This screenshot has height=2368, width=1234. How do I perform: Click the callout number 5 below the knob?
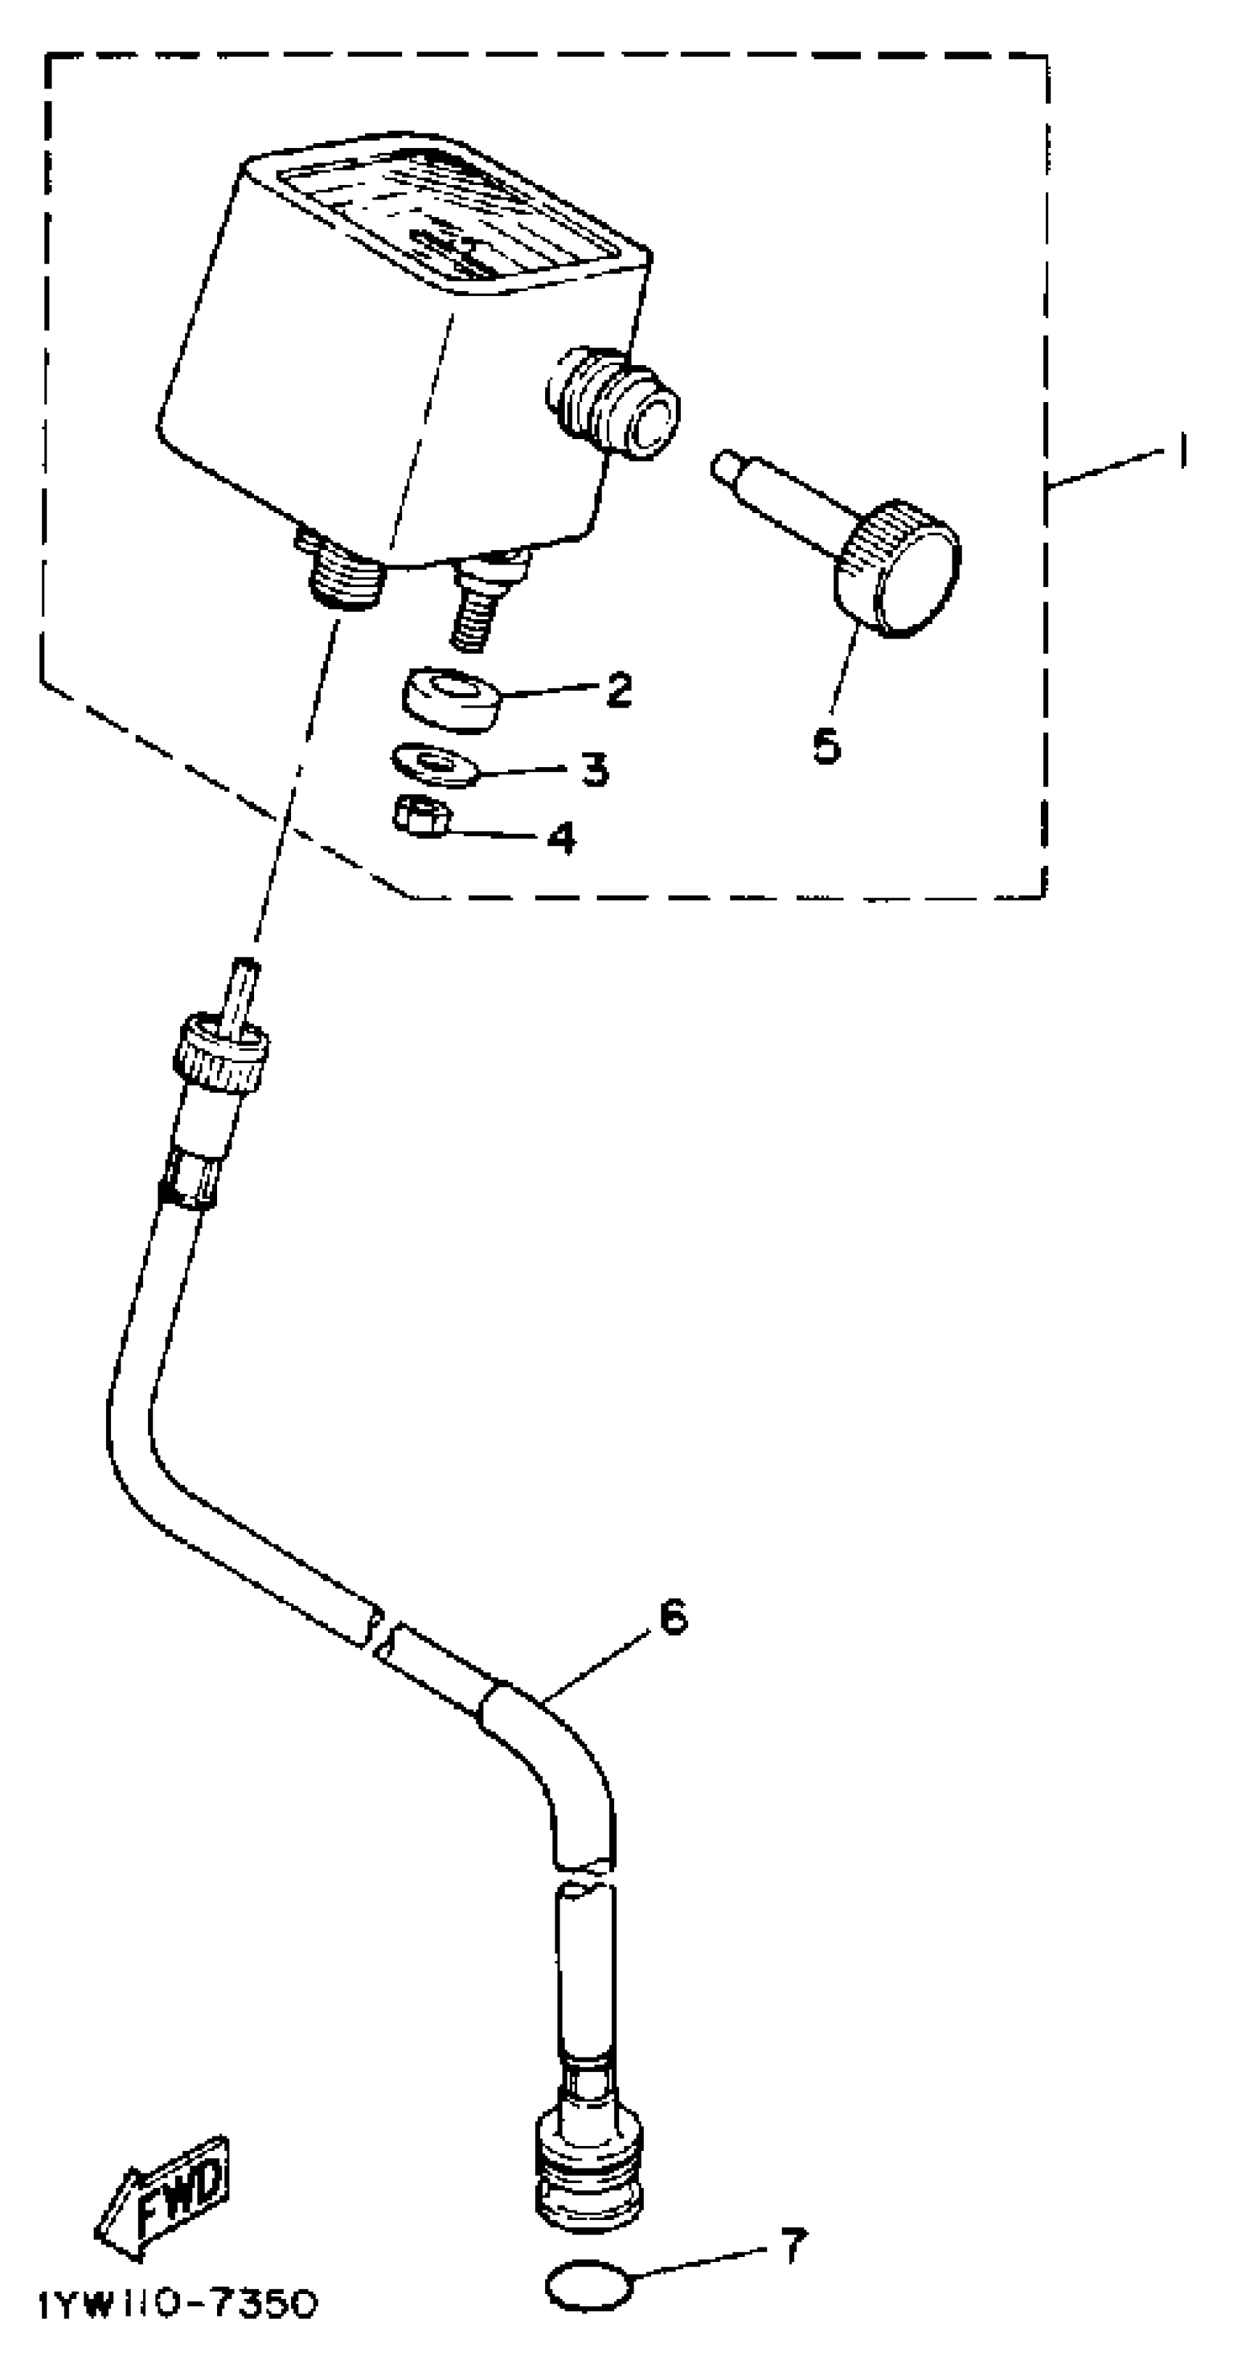pyautogui.click(x=826, y=745)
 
